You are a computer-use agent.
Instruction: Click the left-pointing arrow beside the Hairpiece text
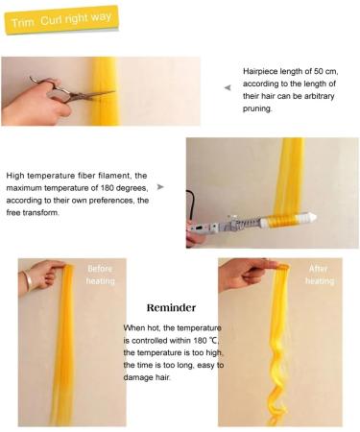point(228,87)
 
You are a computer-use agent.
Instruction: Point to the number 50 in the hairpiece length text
point(324,71)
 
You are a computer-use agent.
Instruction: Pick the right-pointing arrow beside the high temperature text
point(159,187)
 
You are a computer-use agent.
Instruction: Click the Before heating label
point(101,275)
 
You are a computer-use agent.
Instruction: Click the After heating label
point(320,275)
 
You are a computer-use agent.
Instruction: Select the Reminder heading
point(172,309)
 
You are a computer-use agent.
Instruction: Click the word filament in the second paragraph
point(132,176)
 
